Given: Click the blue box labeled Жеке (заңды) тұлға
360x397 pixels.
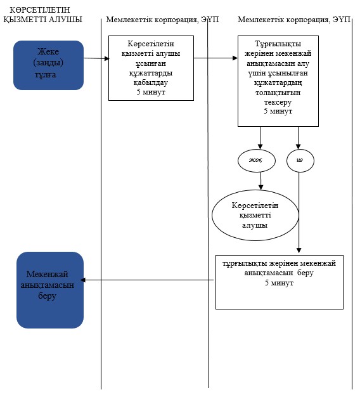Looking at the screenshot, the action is [x=48, y=65].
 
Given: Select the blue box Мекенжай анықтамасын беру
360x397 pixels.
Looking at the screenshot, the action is [x=50, y=290].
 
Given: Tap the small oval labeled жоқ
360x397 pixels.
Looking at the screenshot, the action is [x=257, y=160].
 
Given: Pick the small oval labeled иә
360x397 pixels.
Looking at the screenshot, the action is [x=300, y=160].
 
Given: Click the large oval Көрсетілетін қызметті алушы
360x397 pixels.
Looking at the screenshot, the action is [x=255, y=215].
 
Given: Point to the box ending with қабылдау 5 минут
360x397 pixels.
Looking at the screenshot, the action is [x=151, y=68].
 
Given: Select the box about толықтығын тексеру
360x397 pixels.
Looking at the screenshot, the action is [x=278, y=81].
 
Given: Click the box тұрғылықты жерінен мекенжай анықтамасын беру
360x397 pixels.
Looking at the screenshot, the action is [x=280, y=282].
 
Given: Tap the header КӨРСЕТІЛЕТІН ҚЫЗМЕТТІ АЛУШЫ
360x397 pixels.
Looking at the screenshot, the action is [x=42, y=15].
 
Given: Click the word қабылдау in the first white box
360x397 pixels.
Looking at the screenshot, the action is [x=150, y=82].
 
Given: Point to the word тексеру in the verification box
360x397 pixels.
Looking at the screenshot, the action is [x=278, y=102].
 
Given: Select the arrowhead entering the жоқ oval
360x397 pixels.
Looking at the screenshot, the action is [x=260, y=146].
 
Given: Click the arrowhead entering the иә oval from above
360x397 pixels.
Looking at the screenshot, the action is [x=299, y=146].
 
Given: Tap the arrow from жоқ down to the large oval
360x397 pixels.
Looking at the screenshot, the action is [x=261, y=181].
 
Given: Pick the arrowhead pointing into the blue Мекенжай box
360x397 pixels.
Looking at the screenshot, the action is [x=83, y=280].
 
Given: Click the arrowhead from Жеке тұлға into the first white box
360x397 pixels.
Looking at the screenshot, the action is [x=106, y=59].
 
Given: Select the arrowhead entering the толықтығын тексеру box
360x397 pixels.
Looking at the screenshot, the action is [x=235, y=58].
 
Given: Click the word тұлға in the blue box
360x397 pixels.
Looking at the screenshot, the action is [x=46, y=75].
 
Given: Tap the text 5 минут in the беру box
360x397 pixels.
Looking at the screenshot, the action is [x=279, y=283].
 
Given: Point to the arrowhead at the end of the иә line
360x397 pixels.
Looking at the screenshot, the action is [x=299, y=251].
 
